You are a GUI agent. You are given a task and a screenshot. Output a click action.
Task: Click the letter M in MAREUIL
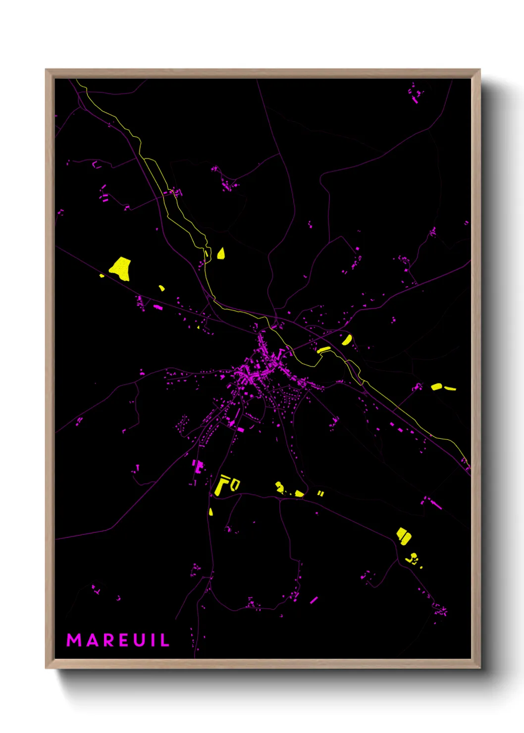point(74,640)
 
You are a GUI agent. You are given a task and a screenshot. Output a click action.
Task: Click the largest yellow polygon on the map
point(120,268)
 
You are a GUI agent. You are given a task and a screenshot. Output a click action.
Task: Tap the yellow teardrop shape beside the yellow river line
point(221,254)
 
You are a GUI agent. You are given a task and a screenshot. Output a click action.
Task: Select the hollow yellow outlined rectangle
point(235,484)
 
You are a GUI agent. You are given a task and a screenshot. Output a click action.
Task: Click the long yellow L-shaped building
point(221,485)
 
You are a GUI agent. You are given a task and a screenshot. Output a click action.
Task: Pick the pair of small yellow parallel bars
point(320,493)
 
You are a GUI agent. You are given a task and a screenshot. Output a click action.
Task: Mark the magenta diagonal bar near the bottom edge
point(314,600)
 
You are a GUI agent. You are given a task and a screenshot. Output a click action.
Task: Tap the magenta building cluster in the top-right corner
point(415,93)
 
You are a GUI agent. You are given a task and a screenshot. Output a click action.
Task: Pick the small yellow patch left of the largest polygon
point(102,275)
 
